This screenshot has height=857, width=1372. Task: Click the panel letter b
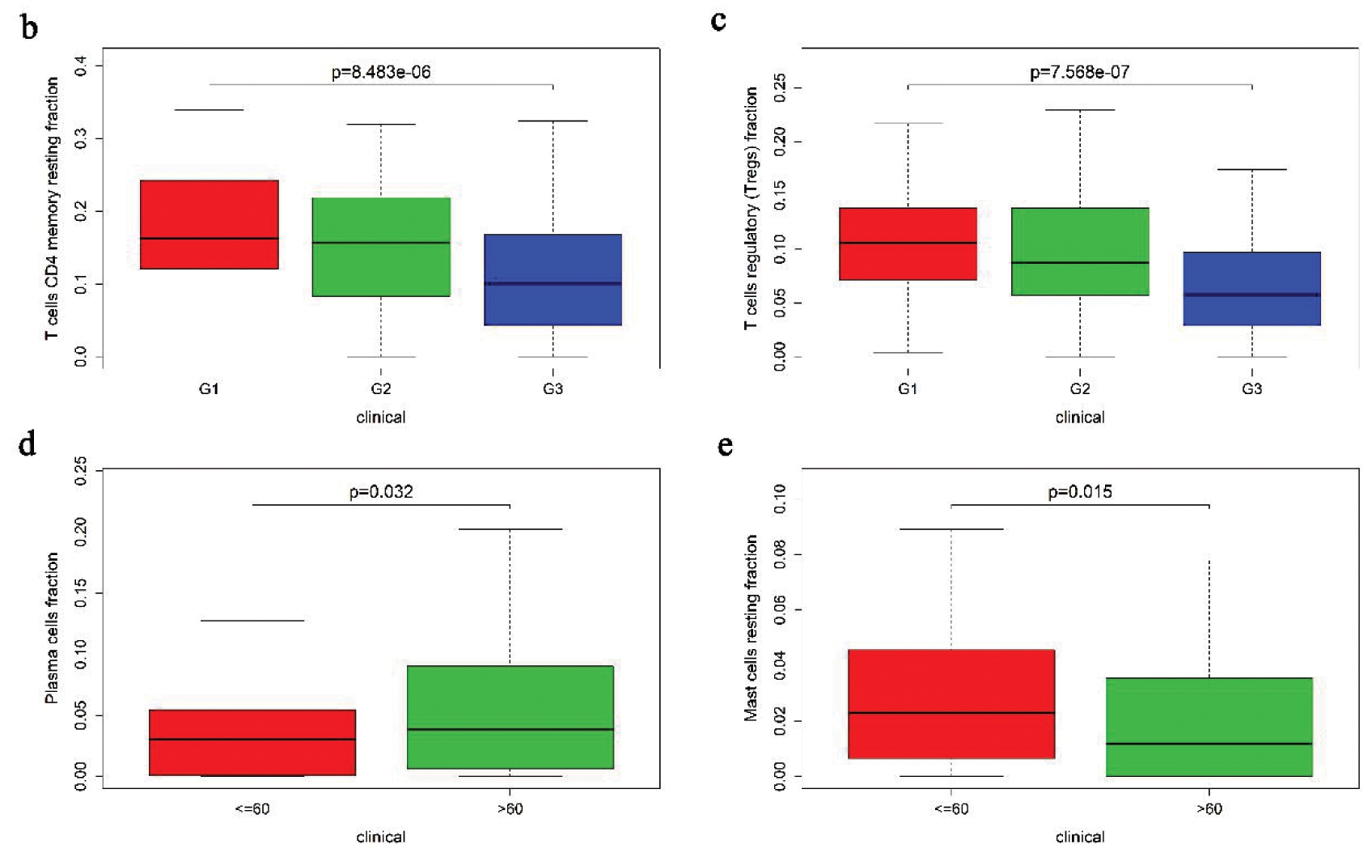29,28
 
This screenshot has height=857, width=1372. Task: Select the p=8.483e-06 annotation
381,72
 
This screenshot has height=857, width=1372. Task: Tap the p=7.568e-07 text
1079,72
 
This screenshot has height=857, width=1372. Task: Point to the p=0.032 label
381,491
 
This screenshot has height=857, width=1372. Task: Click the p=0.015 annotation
1080,491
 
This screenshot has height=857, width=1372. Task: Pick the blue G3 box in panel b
553,280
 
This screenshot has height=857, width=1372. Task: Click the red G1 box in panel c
908,244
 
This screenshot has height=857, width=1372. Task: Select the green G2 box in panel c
1080,252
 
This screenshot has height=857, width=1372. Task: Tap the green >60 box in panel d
510,717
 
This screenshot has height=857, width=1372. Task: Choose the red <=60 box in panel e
951,704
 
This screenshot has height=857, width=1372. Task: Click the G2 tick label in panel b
381,389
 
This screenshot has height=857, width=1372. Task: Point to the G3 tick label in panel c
1251,389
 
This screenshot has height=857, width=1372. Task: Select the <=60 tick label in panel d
252,808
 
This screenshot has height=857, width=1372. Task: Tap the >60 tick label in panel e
1209,808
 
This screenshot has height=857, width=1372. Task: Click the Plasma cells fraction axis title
52,628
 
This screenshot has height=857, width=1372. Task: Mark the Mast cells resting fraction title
751,628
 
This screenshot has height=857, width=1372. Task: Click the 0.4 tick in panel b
81,66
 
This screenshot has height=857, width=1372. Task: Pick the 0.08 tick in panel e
780,555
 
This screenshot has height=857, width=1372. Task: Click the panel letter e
726,445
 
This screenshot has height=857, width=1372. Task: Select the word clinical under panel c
1080,418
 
